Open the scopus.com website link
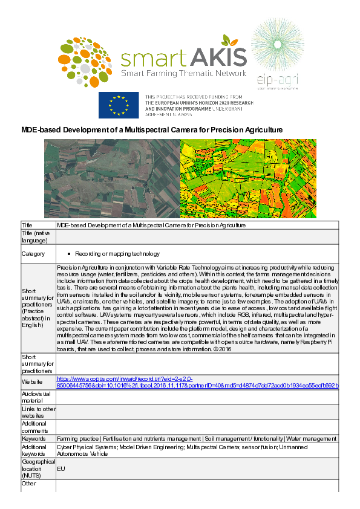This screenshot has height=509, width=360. coord(197,381)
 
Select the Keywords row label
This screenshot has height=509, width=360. coord(34,438)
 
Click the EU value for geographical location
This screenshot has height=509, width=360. coord(61,468)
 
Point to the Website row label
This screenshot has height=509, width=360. coord(32,382)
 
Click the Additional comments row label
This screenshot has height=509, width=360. coord(36,427)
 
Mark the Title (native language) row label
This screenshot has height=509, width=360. coord(36,236)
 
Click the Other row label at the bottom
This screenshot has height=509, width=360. coord(29,484)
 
